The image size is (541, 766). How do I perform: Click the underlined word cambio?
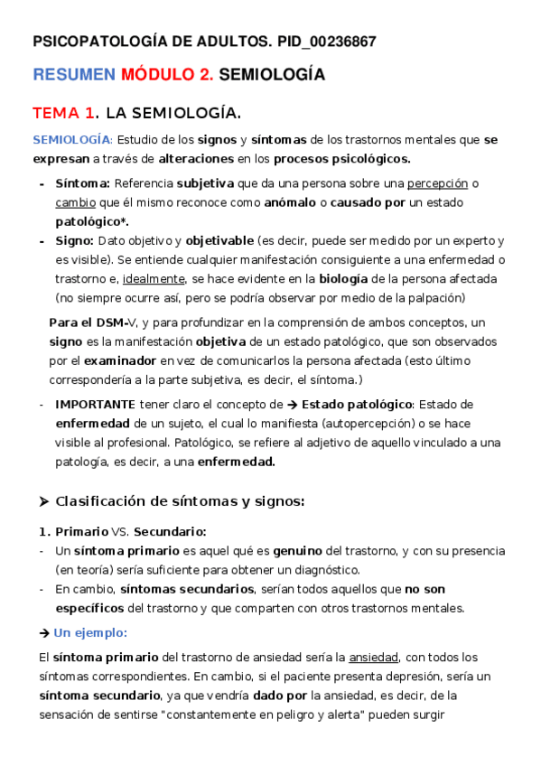click(x=75, y=202)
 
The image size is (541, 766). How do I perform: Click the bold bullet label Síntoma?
click(x=79, y=184)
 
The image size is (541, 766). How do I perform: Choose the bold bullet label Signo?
click(x=74, y=241)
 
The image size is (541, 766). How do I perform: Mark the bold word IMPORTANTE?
click(x=96, y=405)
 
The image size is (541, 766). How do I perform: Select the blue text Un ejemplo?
click(x=90, y=632)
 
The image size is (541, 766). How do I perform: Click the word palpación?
click(x=434, y=298)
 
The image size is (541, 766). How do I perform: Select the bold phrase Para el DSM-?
click(x=89, y=322)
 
